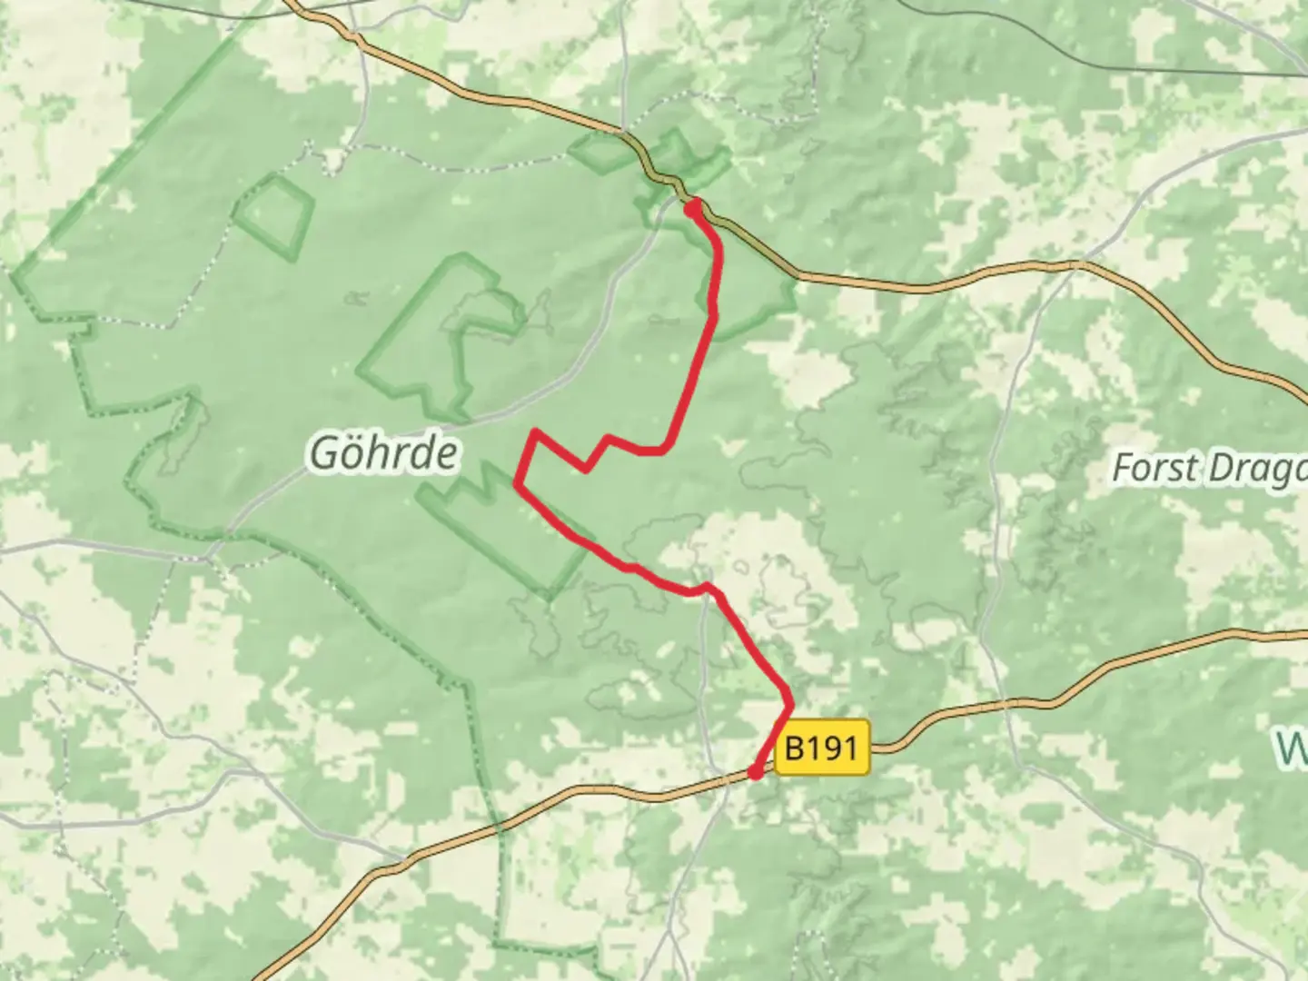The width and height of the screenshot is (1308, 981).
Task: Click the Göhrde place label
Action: (x=382, y=452)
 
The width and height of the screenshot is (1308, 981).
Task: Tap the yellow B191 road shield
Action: (x=821, y=748)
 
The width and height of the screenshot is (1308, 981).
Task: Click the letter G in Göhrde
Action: (x=326, y=452)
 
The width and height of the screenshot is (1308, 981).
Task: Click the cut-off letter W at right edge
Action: (x=1292, y=747)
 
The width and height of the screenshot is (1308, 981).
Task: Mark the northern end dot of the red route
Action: (x=692, y=209)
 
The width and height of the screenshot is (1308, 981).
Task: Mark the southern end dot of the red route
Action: (x=755, y=772)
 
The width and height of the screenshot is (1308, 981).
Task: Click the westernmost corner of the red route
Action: (x=517, y=482)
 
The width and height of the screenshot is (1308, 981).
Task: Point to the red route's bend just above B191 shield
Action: (x=790, y=704)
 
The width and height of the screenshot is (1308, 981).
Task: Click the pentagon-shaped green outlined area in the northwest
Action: (x=272, y=214)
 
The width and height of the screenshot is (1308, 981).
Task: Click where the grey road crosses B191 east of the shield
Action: (x=1005, y=705)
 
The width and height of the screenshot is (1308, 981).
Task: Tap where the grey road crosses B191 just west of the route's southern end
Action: (x=727, y=778)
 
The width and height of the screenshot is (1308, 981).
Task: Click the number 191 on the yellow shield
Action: (x=832, y=748)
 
